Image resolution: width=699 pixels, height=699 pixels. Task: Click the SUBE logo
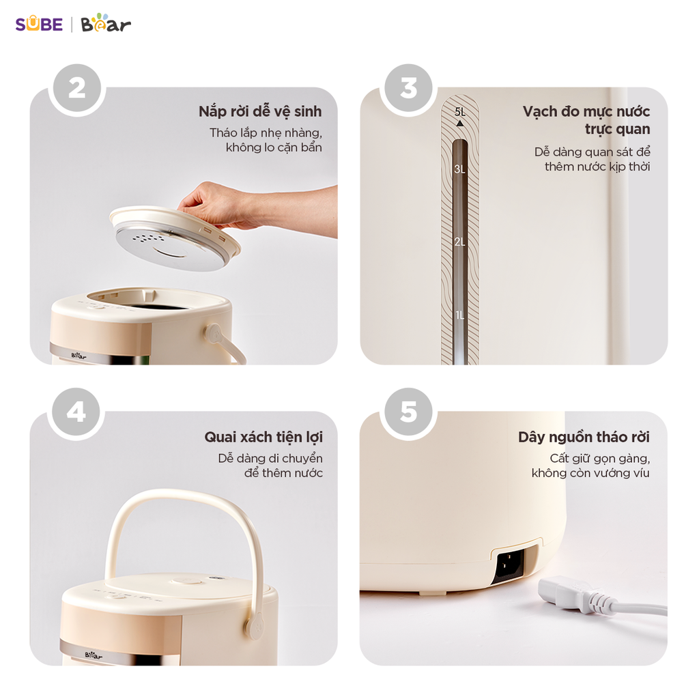point(39,25)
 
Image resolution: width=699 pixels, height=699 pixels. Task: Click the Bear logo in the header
point(106,24)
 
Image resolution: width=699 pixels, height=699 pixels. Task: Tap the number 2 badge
point(76,89)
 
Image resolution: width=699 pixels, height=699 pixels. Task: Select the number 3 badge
point(408,89)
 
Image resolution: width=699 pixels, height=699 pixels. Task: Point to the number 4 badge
point(76,412)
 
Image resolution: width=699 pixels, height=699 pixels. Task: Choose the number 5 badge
point(408,412)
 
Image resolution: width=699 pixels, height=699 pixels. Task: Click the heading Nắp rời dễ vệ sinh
point(260,111)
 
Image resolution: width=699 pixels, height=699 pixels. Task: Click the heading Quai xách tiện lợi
point(263,437)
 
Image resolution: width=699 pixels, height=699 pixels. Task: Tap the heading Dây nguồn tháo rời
point(584,437)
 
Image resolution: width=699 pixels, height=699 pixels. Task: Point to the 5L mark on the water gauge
point(459,111)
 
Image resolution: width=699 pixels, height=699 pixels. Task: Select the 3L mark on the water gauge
point(459,169)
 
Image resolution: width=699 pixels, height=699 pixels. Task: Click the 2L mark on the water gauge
point(459,242)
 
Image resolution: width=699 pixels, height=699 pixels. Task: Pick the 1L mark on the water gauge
point(459,315)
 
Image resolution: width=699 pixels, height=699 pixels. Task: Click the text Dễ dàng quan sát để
point(592,152)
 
